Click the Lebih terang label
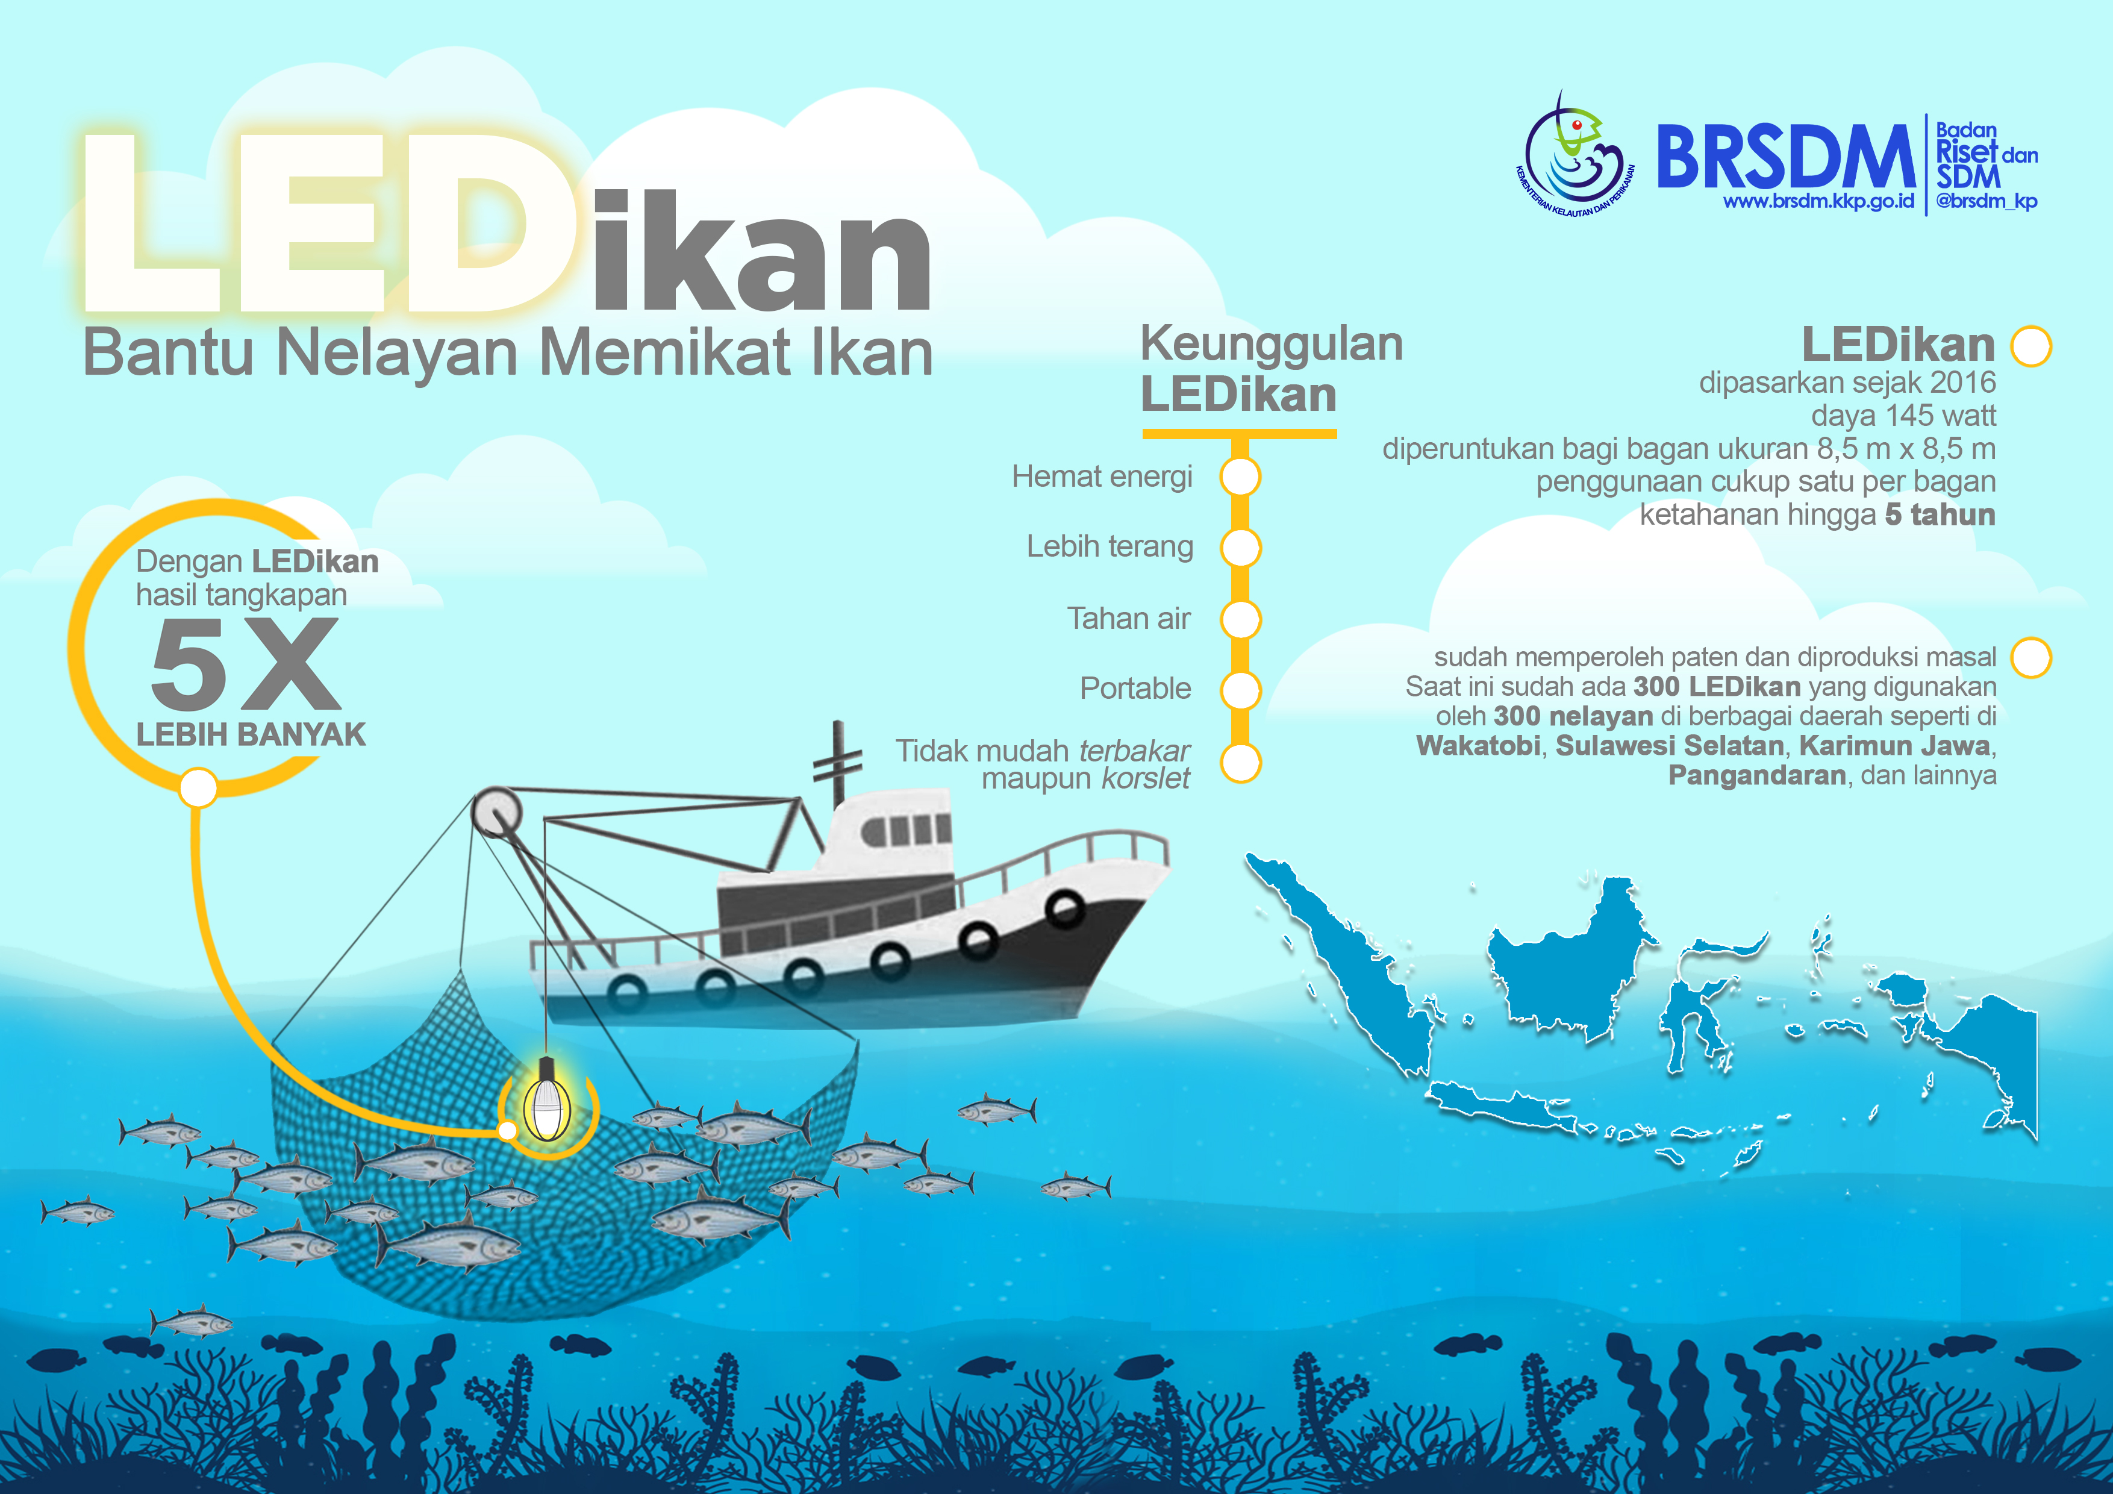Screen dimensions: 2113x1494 coord(1110,547)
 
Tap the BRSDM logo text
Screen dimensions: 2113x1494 coord(1785,157)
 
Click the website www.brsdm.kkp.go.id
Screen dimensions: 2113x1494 coord(1818,202)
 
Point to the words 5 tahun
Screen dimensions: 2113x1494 coord(1940,514)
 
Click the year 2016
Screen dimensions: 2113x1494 coord(1963,382)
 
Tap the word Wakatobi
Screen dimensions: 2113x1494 coord(1478,746)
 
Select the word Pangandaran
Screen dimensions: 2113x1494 coord(1757,776)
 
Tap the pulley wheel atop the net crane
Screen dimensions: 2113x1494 coord(496,813)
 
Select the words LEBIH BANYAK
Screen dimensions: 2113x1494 coord(251,734)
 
